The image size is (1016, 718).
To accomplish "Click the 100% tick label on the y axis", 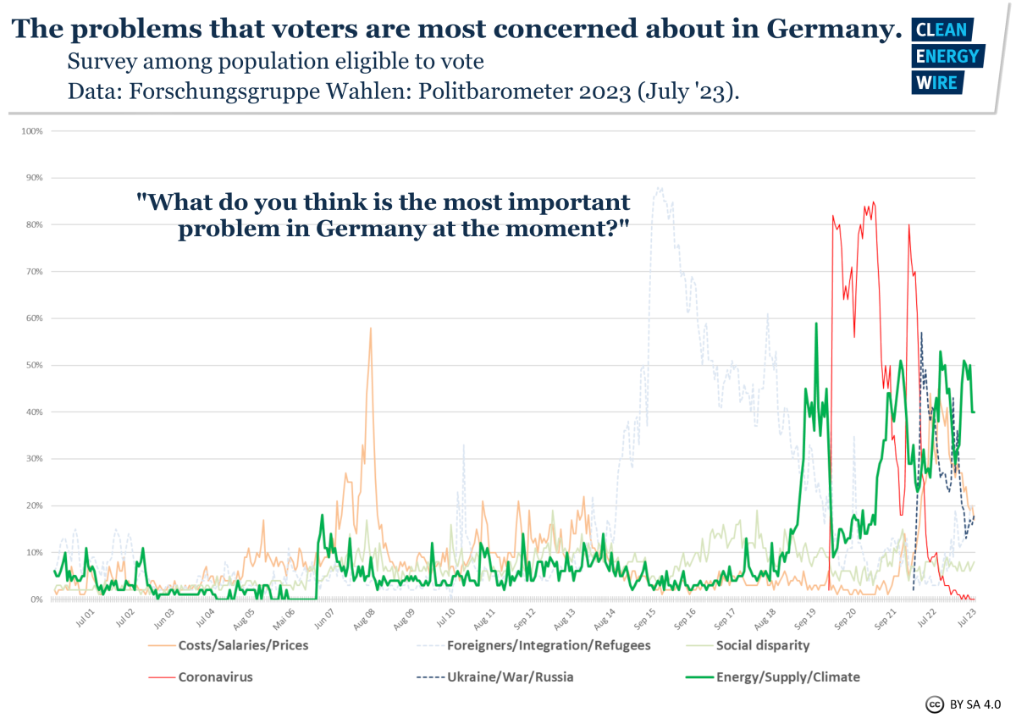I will click(x=33, y=131).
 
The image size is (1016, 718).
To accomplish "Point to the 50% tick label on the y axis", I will click(x=35, y=365).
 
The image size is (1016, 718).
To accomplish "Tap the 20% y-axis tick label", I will click(x=35, y=505).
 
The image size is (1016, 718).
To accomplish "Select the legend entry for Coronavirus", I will click(x=215, y=677).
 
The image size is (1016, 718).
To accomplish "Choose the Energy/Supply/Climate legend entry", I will click(x=787, y=677).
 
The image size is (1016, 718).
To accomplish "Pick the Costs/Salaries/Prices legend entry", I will click(x=243, y=645).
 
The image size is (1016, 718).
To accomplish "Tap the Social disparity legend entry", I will click(x=762, y=645).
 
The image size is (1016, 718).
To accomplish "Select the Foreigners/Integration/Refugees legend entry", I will click(x=548, y=645).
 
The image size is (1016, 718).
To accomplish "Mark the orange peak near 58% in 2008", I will click(x=370, y=329).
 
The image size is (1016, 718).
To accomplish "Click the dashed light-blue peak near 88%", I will click(x=659, y=188).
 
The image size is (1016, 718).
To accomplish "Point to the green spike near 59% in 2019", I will click(x=816, y=323).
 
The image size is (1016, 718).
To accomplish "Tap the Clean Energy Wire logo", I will click(x=947, y=56).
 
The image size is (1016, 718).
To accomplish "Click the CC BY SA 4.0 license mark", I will click(x=964, y=703).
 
